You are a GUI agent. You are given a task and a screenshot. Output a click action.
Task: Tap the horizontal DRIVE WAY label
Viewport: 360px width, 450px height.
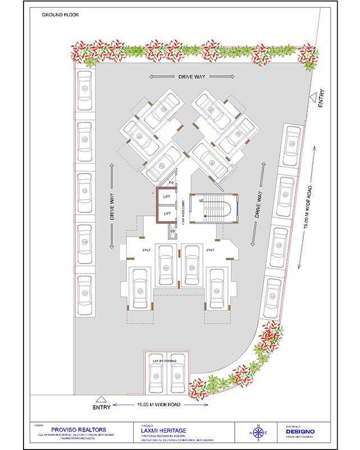(191, 76)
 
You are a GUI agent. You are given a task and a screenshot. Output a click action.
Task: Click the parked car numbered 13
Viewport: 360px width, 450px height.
(85, 192)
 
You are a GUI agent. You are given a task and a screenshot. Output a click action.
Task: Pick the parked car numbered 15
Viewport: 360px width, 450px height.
(85, 294)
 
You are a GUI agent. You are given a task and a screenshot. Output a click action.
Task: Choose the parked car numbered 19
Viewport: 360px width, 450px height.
(274, 296)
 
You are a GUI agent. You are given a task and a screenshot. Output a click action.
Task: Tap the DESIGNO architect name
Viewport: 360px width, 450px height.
(300, 431)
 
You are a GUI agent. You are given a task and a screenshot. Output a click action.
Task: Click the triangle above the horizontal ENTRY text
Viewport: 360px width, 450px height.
(99, 398)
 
